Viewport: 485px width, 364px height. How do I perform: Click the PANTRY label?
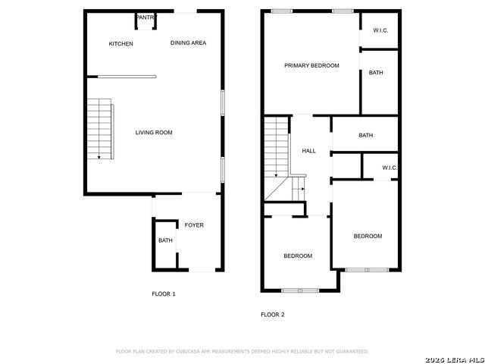[x=145, y=17]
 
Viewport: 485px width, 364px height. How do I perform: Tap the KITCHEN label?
[x=121, y=44]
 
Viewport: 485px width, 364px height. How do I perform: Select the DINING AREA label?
[x=189, y=42]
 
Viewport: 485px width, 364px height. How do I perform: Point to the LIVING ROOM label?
[x=154, y=133]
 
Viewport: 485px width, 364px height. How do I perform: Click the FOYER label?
[x=194, y=225]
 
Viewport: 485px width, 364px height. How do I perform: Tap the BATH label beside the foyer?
[x=165, y=240]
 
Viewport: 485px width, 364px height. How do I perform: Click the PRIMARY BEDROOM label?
[x=311, y=66]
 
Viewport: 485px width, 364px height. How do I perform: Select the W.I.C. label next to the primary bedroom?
[x=380, y=30]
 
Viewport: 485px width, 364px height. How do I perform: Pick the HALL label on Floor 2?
[x=308, y=151]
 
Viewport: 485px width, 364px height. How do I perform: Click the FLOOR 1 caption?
[x=164, y=293]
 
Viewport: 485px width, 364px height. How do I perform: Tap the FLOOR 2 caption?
[x=273, y=315]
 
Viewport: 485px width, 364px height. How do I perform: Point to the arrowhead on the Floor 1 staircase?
[x=99, y=158]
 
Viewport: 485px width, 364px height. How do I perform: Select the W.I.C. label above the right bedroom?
[x=390, y=168]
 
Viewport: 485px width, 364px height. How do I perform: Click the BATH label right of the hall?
[x=366, y=135]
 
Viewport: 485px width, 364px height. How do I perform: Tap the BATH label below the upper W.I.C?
[x=376, y=73]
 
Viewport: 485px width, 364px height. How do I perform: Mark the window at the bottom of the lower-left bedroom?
[x=300, y=290]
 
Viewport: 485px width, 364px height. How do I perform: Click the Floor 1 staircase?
[x=101, y=129]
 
